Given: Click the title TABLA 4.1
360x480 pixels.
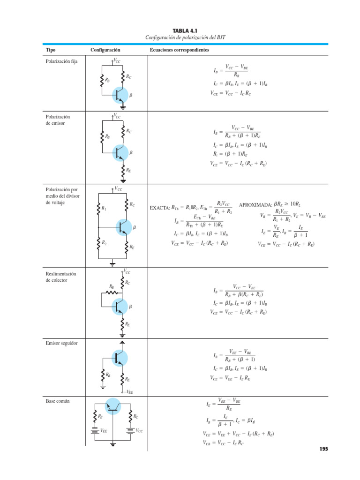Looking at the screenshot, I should click(180, 30).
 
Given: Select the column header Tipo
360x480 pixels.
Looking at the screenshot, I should click(50, 50).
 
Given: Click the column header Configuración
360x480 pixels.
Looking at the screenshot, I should click(105, 50).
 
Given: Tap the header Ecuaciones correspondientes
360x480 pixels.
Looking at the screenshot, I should click(180, 50).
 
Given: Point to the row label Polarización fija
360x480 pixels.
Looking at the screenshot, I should click(61, 61).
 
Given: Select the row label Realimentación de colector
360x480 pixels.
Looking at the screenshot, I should click(60, 277).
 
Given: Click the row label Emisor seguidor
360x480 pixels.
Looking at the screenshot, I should click(62, 343).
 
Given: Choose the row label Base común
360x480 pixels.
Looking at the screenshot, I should click(58, 401).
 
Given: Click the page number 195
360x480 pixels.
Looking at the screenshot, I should click(323, 449).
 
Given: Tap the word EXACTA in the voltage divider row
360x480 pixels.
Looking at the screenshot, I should click(160, 207).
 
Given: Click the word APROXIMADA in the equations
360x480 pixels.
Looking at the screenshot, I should click(255, 205).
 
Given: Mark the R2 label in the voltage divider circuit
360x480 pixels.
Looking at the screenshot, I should click(104, 243).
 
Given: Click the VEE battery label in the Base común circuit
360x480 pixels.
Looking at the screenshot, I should click(103, 430).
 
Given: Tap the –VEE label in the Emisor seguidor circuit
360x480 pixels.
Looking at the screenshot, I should click(129, 392).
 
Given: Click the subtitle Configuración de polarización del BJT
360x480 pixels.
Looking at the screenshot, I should click(180, 37).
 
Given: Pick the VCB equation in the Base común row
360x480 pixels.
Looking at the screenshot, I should click(223, 442).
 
